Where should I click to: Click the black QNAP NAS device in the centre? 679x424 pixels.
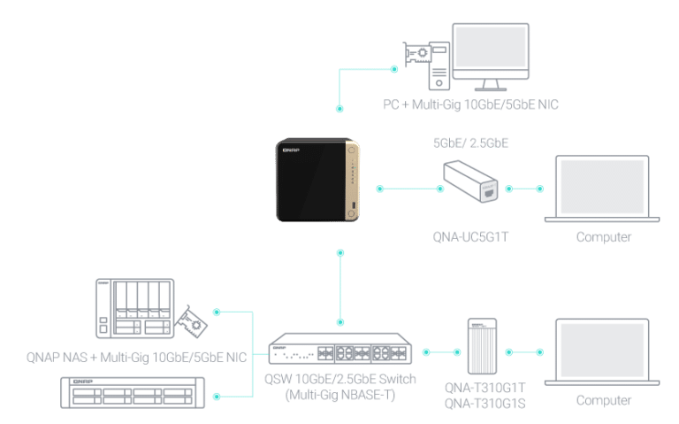[x=317, y=180]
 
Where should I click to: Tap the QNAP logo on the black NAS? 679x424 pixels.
[x=291, y=150]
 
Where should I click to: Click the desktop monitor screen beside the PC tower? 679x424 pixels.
[x=491, y=47]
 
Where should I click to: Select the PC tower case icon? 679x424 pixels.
[x=439, y=66]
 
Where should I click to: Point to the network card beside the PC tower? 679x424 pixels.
[x=416, y=54]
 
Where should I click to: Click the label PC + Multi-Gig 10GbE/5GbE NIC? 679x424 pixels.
[x=470, y=104]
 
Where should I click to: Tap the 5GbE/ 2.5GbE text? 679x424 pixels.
[x=470, y=143]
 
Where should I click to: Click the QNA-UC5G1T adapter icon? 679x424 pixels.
[x=470, y=181]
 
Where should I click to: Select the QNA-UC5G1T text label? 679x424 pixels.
[x=470, y=237]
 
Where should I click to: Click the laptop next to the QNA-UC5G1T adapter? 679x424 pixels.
[x=602, y=189]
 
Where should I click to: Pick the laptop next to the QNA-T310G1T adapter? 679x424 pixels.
[x=602, y=352]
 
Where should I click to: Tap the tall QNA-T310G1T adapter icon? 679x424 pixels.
[x=482, y=346]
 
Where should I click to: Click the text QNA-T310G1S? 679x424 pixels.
[x=485, y=404]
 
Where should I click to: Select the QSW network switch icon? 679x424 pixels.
[x=339, y=349]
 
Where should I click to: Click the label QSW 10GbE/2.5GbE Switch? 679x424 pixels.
[x=339, y=379]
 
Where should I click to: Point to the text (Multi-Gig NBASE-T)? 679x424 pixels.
[x=339, y=395]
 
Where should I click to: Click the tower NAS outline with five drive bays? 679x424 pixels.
[x=134, y=308]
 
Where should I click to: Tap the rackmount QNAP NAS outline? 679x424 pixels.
[x=133, y=393]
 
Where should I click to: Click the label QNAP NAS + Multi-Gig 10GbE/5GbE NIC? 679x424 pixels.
[x=136, y=358]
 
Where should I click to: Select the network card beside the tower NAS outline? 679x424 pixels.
[x=191, y=321]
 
